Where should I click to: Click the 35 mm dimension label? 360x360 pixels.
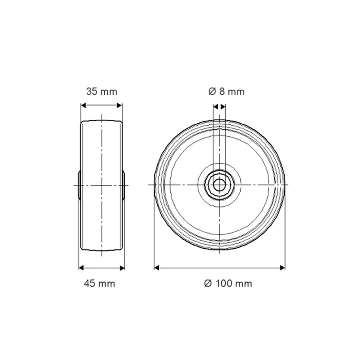pyautogui.click(x=102, y=92)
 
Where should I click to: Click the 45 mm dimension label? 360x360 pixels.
pyautogui.click(x=99, y=284)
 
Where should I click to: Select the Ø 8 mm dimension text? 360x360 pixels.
pyautogui.click(x=226, y=92)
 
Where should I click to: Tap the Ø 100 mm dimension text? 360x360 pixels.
pyautogui.click(x=228, y=284)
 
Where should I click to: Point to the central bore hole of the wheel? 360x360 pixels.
pyautogui.click(x=219, y=185)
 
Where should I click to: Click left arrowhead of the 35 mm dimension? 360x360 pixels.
pyautogui.click(x=84, y=106)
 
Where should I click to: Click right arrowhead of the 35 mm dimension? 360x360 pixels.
pyautogui.click(x=120, y=106)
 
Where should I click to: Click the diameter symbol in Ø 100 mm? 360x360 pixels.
pyautogui.click(x=207, y=284)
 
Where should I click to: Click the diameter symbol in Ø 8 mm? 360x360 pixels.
pyautogui.click(x=212, y=92)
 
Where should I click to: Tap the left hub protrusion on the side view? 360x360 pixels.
pyautogui.click(x=79, y=185)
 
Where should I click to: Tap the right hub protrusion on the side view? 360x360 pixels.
pyautogui.click(x=124, y=185)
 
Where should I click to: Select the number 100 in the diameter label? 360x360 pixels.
pyautogui.click(x=223, y=284)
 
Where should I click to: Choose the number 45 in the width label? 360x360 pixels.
pyautogui.click(x=90, y=284)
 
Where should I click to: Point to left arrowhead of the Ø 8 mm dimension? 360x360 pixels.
pyautogui.click(x=215, y=107)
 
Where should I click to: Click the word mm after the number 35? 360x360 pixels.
pyautogui.click(x=109, y=92)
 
